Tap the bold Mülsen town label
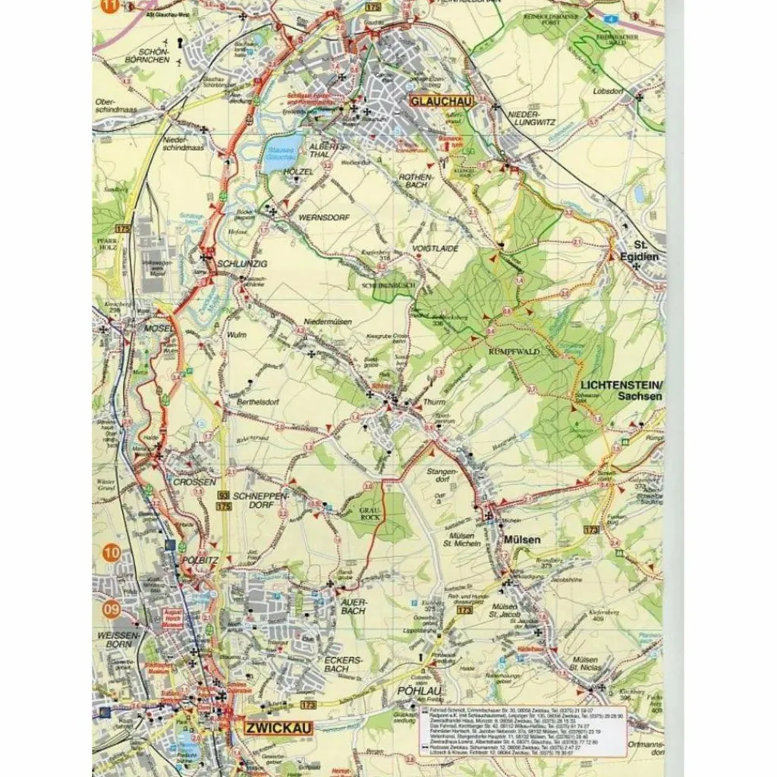(x=523, y=539)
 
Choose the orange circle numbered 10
(x=112, y=553)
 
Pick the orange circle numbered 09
(x=112, y=608)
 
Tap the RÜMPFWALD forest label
(x=513, y=351)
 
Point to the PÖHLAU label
(x=415, y=691)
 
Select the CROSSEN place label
(x=194, y=481)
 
